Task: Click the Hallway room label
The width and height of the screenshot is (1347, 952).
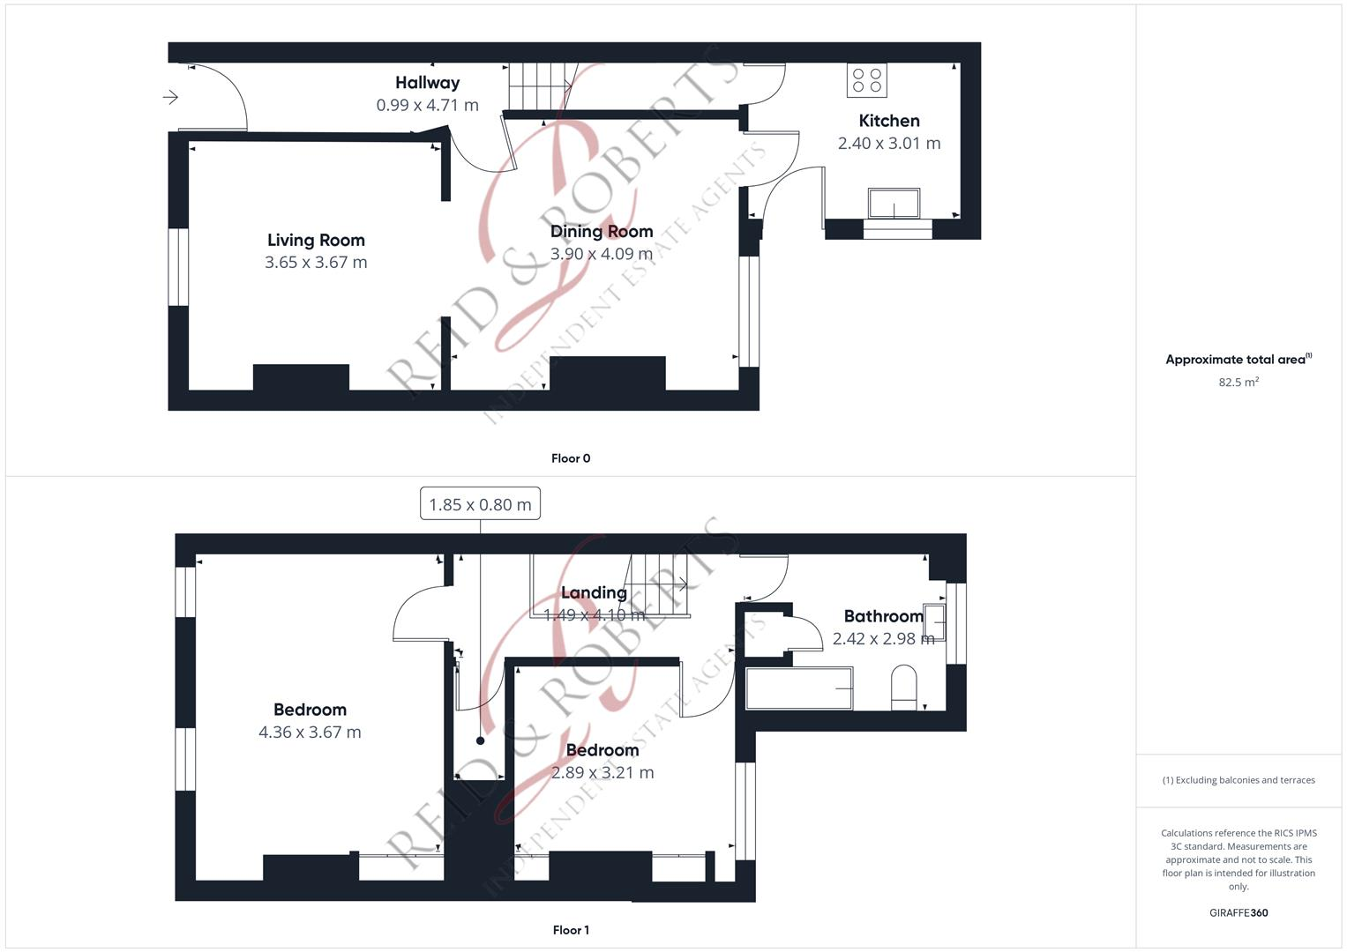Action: pyautogui.click(x=427, y=83)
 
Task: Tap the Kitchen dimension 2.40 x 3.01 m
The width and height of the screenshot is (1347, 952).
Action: pyautogui.click(x=888, y=143)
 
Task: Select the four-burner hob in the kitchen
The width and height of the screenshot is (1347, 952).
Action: pyautogui.click(x=866, y=80)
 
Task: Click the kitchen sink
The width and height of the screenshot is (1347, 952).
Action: pyautogui.click(x=894, y=204)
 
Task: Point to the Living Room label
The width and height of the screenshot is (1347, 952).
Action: pyautogui.click(x=316, y=240)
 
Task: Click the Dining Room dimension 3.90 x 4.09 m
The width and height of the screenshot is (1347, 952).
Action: pyautogui.click(x=601, y=254)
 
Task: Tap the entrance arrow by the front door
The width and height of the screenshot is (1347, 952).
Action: pyautogui.click(x=170, y=97)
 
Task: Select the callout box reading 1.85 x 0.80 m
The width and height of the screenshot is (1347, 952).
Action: pyautogui.click(x=480, y=504)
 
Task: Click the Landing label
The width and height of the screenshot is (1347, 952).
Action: pyautogui.click(x=594, y=592)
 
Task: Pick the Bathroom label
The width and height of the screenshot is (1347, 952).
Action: pyautogui.click(x=883, y=616)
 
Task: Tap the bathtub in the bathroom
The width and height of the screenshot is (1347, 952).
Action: pyautogui.click(x=799, y=688)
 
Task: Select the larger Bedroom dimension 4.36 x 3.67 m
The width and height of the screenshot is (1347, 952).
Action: pyautogui.click(x=310, y=732)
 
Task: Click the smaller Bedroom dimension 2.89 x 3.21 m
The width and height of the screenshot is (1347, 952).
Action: pyautogui.click(x=602, y=772)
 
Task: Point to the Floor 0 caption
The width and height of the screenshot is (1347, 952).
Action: pyautogui.click(x=571, y=458)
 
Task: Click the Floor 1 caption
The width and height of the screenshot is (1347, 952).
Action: pyautogui.click(x=571, y=930)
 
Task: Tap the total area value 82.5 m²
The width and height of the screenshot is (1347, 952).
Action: pyautogui.click(x=1238, y=383)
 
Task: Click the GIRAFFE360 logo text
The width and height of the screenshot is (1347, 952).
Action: pyautogui.click(x=1238, y=912)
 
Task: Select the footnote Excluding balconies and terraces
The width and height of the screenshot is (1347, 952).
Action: pyautogui.click(x=1238, y=780)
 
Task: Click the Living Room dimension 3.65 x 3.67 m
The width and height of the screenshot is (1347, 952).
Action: pyautogui.click(x=316, y=262)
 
